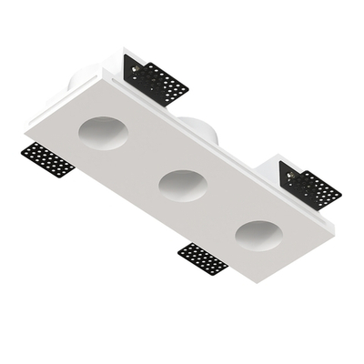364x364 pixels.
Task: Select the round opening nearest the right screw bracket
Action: pos(257,237)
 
